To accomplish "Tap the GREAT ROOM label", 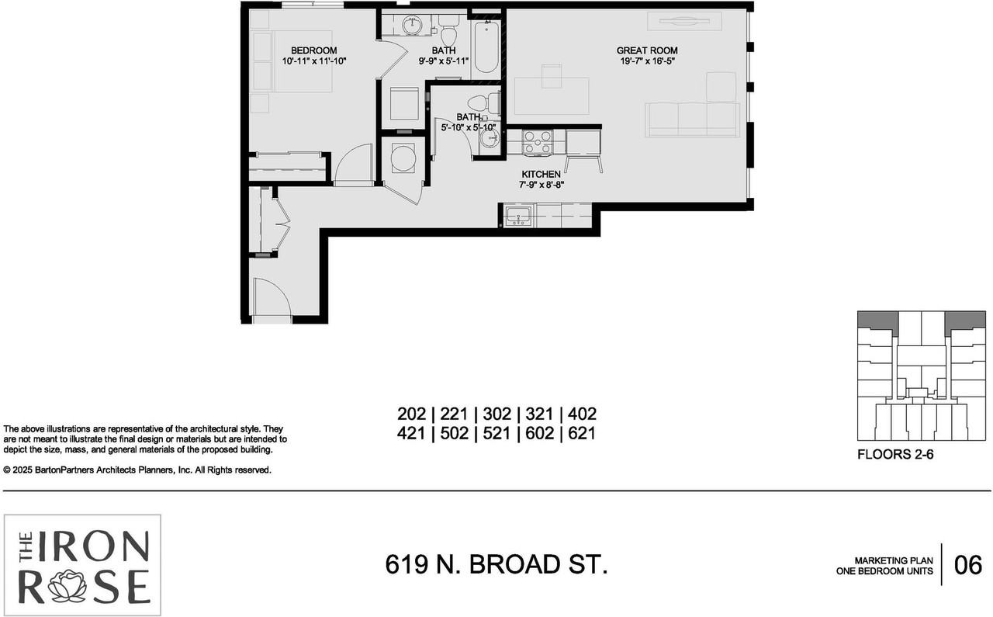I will (647, 50).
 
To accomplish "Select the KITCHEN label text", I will (541, 174).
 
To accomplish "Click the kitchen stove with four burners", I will (538, 142).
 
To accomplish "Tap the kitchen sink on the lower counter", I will (517, 216).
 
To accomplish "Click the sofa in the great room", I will (693, 120).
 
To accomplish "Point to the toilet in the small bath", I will (482, 102).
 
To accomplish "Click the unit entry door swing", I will (271, 299).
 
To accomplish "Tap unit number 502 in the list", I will (454, 433).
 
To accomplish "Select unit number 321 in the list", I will (539, 414).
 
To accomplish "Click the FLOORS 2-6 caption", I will (894, 455).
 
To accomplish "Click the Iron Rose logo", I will (83, 560).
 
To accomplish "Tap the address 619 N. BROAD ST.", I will (496, 564).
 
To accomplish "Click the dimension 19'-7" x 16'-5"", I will (647, 61).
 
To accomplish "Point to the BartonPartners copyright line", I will (137, 470).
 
